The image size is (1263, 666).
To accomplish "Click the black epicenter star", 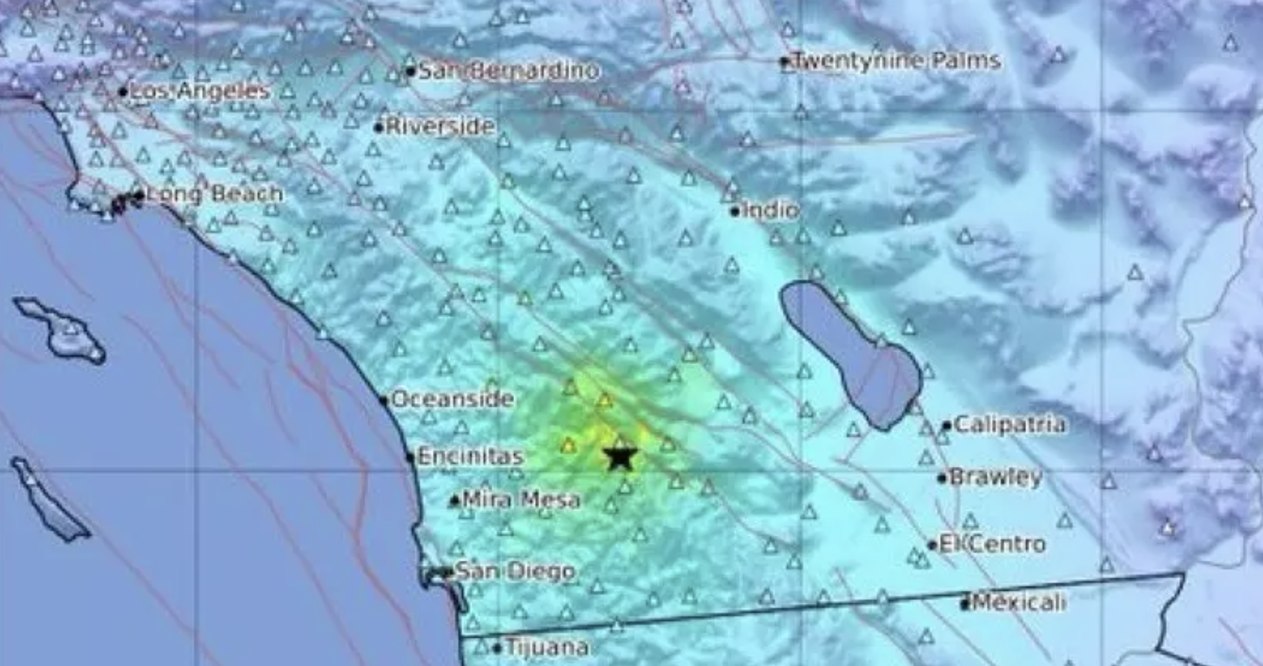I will (x=620, y=457).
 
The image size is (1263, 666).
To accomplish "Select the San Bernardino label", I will (x=509, y=71).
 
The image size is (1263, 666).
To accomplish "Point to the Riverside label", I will (x=440, y=126).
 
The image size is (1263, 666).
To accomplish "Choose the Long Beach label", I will (x=214, y=194).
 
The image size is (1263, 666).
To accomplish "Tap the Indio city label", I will (x=771, y=210).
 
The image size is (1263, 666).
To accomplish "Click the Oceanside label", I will (x=452, y=399).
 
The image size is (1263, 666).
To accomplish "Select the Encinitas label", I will (x=471, y=456).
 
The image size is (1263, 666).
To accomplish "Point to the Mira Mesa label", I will (x=521, y=500).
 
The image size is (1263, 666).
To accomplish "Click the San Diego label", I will (x=515, y=571).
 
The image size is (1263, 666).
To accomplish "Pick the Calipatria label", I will (x=1009, y=424).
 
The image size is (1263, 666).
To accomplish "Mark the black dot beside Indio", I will (x=735, y=212).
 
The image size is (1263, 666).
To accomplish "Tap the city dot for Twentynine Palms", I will (x=784, y=62).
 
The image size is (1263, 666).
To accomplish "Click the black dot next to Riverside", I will (x=378, y=127).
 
